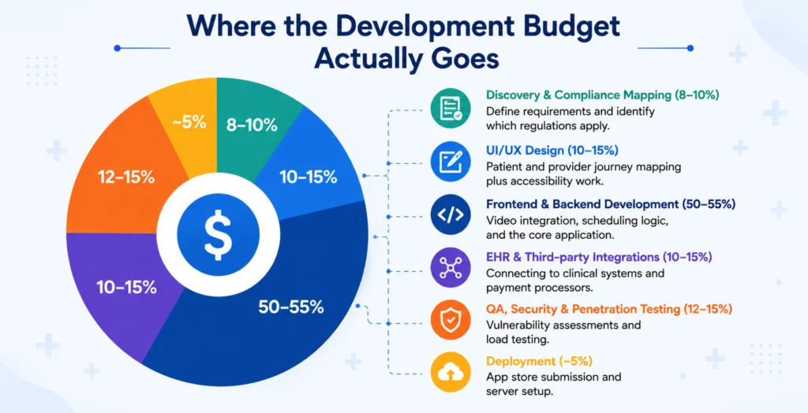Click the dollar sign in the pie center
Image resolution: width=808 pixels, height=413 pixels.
click(x=218, y=235)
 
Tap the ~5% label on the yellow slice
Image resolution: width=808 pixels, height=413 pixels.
click(x=189, y=123)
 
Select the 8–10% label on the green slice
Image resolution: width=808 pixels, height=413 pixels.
click(x=252, y=125)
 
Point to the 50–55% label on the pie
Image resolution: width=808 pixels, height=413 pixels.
click(x=291, y=307)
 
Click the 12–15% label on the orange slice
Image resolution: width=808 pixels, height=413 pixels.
click(x=126, y=177)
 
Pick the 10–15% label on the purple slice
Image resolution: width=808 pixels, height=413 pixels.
click(x=127, y=288)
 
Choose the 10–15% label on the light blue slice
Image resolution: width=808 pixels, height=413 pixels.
click(x=309, y=177)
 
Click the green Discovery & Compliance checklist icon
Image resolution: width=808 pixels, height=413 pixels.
click(x=451, y=109)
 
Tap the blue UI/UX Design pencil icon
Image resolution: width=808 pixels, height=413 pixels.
click(x=451, y=162)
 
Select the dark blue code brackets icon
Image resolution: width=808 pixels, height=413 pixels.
click(x=451, y=214)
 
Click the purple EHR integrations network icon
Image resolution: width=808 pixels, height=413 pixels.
click(x=451, y=268)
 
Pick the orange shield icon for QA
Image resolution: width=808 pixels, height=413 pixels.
click(x=451, y=320)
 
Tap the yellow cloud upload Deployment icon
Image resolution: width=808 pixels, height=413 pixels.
click(x=451, y=372)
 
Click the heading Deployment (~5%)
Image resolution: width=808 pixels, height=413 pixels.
click(x=539, y=361)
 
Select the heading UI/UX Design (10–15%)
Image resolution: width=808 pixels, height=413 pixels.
click(x=552, y=151)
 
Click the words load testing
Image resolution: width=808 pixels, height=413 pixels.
click(x=518, y=340)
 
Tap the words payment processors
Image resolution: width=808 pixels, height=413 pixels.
click(x=539, y=288)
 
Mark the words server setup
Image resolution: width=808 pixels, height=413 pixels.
click(x=519, y=392)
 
